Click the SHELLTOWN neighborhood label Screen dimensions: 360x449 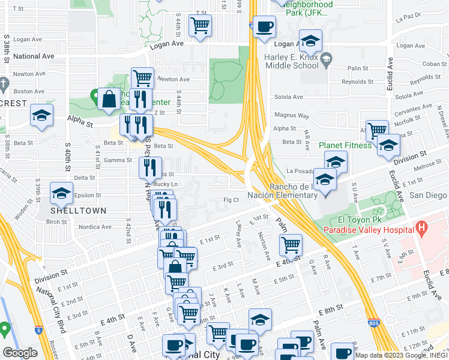point(78,211)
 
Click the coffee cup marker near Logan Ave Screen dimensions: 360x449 point(264,26)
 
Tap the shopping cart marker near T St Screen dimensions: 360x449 point(200,25)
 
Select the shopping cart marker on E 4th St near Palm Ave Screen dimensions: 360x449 point(291,244)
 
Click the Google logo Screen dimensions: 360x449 point(20,352)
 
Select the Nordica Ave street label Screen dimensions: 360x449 point(97,227)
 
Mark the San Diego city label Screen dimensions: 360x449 point(428,195)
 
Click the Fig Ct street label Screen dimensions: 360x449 point(231,200)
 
